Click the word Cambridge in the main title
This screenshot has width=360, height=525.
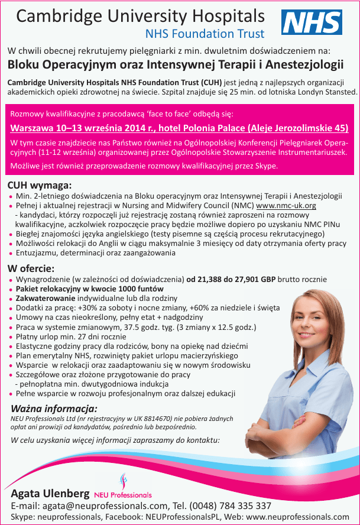click(59, 16)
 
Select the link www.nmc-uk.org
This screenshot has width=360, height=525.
click(286, 205)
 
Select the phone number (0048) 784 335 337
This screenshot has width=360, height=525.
click(231, 505)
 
